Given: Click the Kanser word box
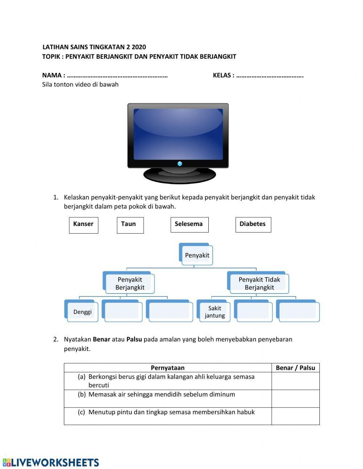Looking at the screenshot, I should (x=83, y=225).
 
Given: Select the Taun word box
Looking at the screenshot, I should (x=130, y=225).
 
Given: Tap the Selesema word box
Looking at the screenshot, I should (x=189, y=225).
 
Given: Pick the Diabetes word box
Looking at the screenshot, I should (x=253, y=225).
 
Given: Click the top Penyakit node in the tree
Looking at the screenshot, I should (x=196, y=255).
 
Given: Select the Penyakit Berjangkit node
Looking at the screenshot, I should (x=130, y=283).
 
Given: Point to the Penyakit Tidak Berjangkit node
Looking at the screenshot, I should (x=259, y=283).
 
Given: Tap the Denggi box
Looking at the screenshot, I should (x=82, y=312).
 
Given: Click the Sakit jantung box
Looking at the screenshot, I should (x=214, y=312).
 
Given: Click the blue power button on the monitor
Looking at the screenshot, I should (x=180, y=163).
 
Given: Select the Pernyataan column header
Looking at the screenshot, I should (x=167, y=368).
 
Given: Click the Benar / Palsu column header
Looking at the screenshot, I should (x=295, y=368).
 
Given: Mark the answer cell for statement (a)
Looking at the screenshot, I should (x=295, y=381).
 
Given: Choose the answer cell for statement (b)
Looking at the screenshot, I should (x=295, y=399).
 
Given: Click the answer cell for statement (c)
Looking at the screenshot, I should (x=295, y=416).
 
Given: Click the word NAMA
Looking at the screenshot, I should (x=52, y=75).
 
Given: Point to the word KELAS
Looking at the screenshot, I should (x=222, y=75).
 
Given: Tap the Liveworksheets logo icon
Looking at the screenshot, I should (x=7, y=462).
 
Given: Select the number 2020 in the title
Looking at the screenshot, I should (x=139, y=47).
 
